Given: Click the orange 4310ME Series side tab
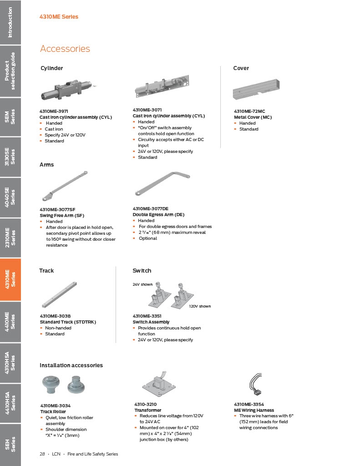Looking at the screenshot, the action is click(x=10, y=279).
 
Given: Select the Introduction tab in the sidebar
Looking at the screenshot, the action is click(x=10, y=22).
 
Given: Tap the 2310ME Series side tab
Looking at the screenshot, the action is click(x=10, y=238).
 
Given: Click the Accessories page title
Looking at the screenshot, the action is click(x=65, y=48).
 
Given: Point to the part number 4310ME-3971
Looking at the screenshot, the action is click(x=54, y=111).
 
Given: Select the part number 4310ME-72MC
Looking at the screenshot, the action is click(x=249, y=111).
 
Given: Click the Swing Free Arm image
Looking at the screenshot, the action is click(x=65, y=186).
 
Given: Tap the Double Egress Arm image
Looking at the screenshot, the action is click(x=162, y=183).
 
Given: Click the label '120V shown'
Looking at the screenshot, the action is click(x=200, y=306).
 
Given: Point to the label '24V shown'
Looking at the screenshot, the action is click(x=142, y=284).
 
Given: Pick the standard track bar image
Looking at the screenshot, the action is click(x=59, y=294).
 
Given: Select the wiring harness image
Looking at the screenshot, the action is click(x=256, y=384).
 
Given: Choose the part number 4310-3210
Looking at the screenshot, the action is click(x=145, y=404).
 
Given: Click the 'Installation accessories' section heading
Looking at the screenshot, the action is click(x=71, y=365).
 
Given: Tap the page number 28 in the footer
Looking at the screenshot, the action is click(x=42, y=454).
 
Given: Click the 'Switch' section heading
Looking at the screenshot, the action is click(x=142, y=270).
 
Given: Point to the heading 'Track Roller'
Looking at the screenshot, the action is click(x=53, y=411).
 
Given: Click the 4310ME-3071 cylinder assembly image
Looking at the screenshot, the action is click(x=162, y=86).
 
